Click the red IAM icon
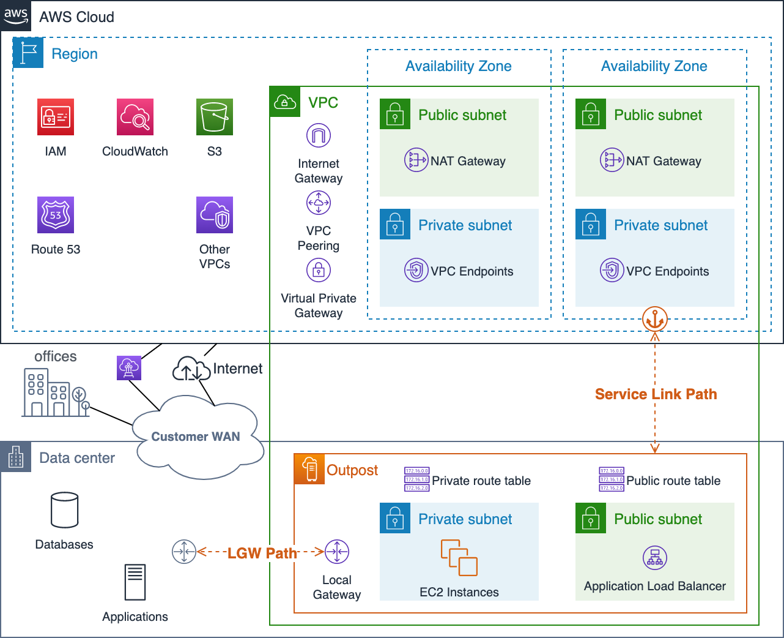click(x=56, y=117)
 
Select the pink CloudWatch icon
click(x=135, y=117)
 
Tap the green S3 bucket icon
click(x=215, y=117)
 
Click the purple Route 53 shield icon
click(x=56, y=215)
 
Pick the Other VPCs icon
click(x=215, y=215)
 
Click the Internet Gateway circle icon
click(x=319, y=135)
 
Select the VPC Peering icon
click(x=319, y=203)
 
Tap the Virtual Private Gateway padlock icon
click(x=319, y=270)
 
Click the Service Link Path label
click(x=656, y=394)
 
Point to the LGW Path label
click(x=262, y=554)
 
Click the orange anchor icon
click(x=655, y=319)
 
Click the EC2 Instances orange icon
click(x=459, y=558)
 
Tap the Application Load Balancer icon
click(x=655, y=558)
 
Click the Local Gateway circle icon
click(x=337, y=552)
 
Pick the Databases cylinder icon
click(x=64, y=510)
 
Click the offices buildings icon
click(x=56, y=392)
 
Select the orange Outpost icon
click(x=310, y=470)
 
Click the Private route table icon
click(x=416, y=479)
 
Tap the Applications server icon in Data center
click(x=135, y=582)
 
